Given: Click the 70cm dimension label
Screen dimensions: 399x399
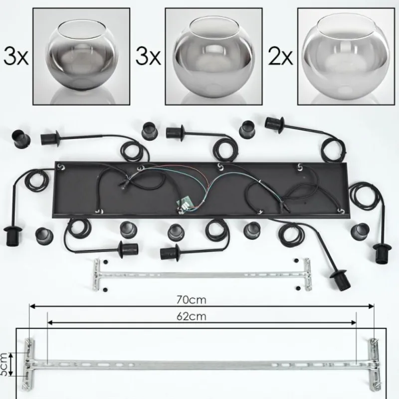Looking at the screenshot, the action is click(x=192, y=300).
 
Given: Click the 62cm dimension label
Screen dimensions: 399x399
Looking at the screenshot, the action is click(x=192, y=317).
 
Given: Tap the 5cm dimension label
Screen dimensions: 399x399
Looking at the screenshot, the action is click(x=3, y=364).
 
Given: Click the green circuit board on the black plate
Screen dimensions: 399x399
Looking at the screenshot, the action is click(x=184, y=203).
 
